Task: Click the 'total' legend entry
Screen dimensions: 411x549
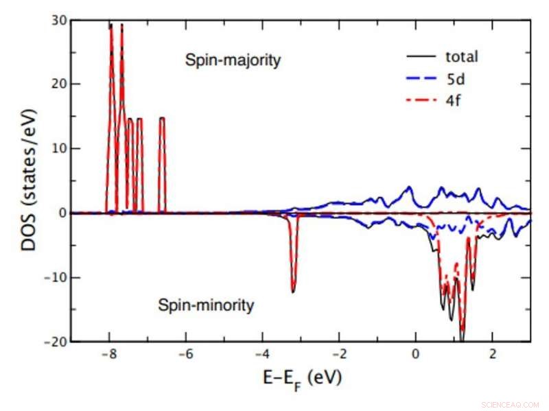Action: click(460, 56)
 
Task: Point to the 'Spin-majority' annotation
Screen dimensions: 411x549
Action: click(233, 60)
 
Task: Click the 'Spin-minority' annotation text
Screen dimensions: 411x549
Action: click(206, 305)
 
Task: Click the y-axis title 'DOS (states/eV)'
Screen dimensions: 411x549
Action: click(30, 181)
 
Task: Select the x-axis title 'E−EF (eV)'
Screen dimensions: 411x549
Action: click(301, 378)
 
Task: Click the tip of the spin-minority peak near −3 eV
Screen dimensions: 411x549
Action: click(293, 292)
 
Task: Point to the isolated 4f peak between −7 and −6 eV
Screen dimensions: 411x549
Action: click(162, 119)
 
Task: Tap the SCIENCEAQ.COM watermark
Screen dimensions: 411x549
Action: click(511, 405)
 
